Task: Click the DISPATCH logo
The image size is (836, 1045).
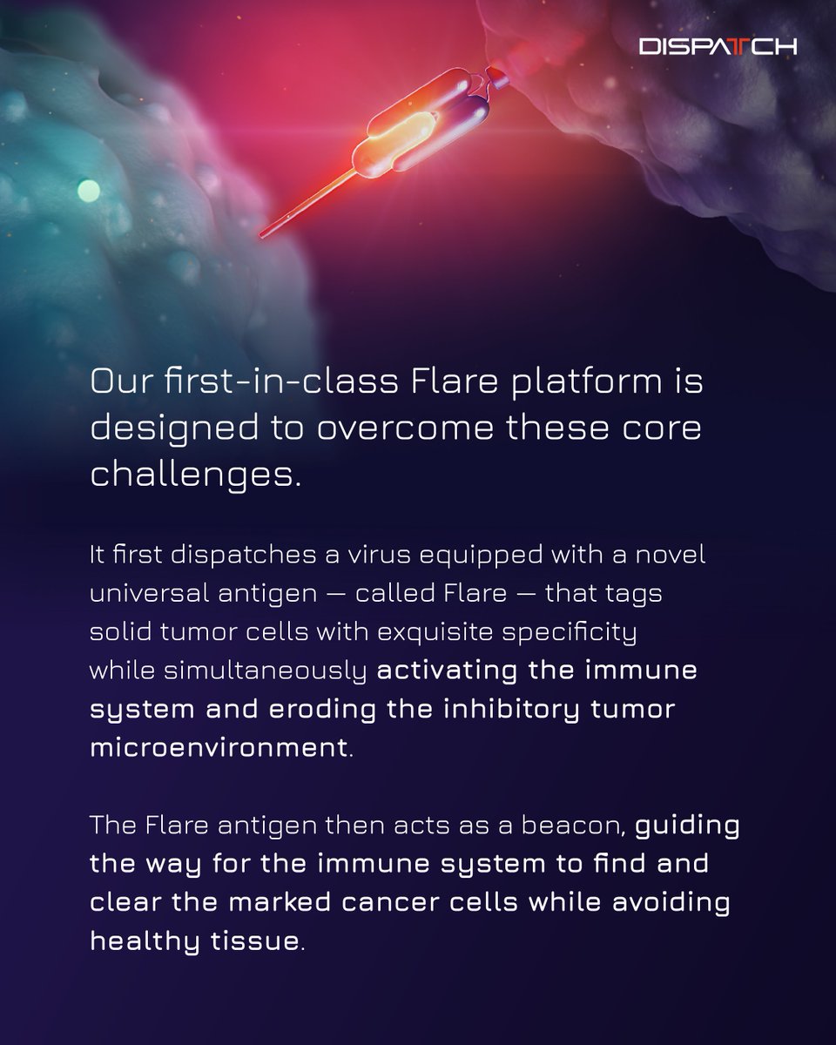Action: (717, 46)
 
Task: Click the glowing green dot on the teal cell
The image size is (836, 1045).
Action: (87, 188)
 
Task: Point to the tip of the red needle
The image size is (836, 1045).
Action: (263, 233)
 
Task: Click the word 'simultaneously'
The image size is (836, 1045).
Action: (276, 671)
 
